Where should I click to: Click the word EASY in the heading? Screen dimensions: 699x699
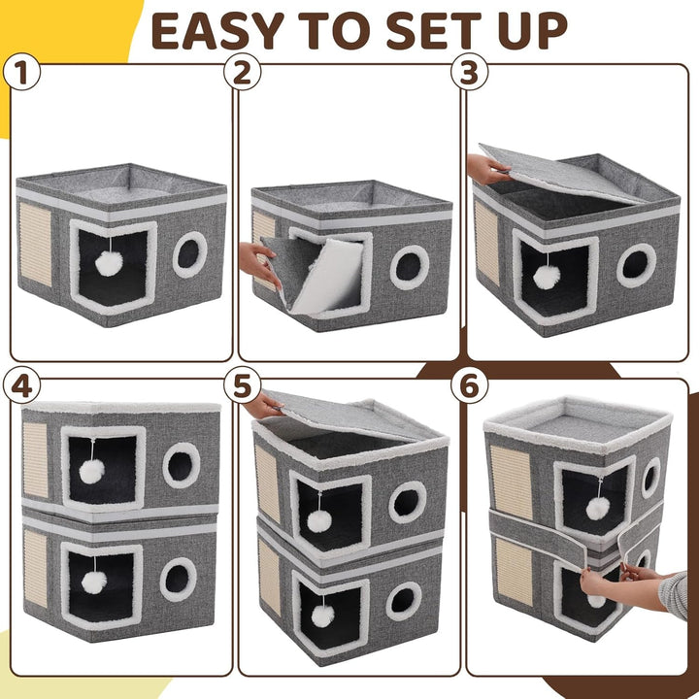point(217,31)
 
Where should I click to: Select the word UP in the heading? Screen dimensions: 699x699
point(532,31)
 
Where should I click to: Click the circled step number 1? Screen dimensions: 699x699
point(21,72)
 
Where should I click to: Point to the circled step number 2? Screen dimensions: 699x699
point(242,72)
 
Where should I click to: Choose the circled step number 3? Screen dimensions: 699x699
point(469,72)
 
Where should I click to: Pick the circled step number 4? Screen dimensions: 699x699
point(21,386)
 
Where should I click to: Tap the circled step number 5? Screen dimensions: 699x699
point(242,386)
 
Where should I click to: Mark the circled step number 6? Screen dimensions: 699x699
point(469,386)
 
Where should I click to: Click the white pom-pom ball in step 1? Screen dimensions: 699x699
point(109,263)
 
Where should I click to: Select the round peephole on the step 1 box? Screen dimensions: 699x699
point(190,254)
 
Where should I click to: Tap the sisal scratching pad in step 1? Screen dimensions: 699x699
point(35,244)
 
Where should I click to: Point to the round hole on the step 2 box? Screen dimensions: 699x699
point(410,267)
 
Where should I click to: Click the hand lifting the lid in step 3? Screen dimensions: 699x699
point(488,169)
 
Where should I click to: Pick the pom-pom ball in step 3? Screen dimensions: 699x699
point(547,277)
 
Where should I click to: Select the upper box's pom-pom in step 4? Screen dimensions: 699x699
point(92,471)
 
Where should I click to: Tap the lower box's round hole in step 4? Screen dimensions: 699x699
point(179,579)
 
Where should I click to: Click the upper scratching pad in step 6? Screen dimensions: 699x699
point(511,482)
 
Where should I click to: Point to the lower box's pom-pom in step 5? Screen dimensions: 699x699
point(322,616)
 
